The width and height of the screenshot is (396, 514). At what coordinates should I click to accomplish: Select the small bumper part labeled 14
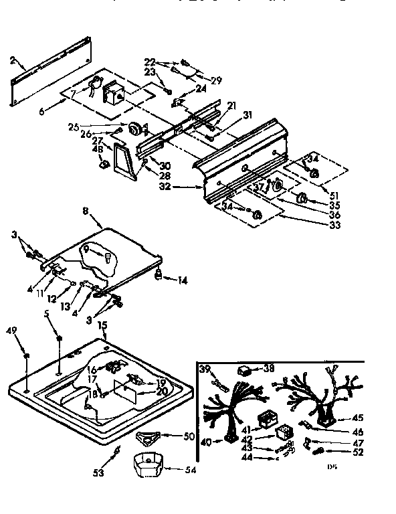point(159,275)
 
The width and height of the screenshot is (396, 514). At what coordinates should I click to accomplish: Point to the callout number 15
point(103,325)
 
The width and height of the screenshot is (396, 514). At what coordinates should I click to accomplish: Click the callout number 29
point(217,80)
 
